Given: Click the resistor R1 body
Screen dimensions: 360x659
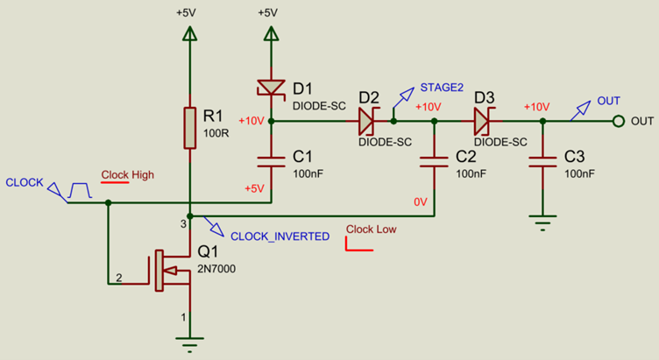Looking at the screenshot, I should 188,128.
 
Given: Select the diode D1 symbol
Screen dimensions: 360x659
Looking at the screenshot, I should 271,88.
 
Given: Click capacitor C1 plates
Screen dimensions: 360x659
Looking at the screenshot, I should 271,161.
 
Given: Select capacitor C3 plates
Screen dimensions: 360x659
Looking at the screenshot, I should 543,161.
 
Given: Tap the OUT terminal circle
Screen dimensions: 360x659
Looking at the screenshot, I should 619,121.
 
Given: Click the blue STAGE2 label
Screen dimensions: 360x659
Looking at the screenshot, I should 442,88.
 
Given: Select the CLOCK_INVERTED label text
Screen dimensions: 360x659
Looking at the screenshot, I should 280,236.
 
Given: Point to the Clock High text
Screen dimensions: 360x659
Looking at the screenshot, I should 127,174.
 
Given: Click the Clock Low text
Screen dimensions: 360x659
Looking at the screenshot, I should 371,229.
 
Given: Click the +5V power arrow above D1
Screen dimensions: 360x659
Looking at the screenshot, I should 271,34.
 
